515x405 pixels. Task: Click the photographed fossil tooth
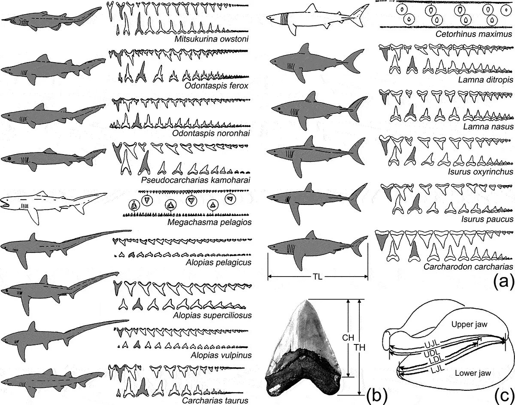coord(304,350)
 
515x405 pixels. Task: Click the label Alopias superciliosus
coord(213,315)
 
